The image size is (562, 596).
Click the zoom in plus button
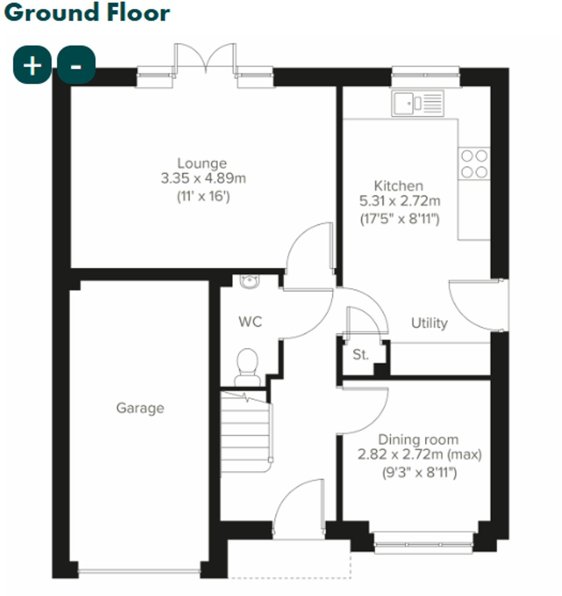pos(32,65)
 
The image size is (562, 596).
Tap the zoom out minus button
pos(76,65)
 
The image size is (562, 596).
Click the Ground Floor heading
pos(87,13)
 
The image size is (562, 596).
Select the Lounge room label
pos(202,163)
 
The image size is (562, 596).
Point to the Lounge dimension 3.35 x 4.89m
pos(203,178)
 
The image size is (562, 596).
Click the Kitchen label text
pos(398,186)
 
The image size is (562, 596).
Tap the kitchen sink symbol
pos(417,103)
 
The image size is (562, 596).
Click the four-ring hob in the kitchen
pos(474,164)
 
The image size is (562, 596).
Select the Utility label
pos(429,323)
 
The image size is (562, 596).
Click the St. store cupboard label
pos(360,355)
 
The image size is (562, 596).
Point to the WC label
pos(250,322)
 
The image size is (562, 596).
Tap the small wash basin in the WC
pos(250,281)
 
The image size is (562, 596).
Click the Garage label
pos(140,408)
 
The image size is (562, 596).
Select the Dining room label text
pos(418,440)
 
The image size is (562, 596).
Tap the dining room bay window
pos(423,544)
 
